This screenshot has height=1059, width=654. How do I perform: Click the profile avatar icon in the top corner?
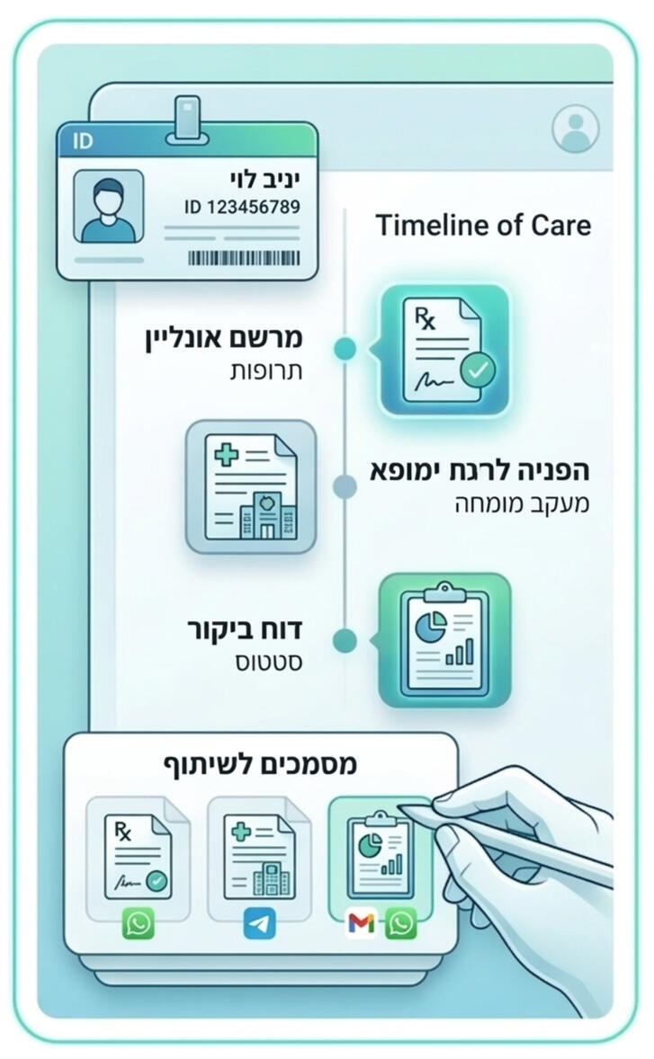[x=575, y=129]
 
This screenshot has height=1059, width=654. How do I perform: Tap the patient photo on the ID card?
[x=108, y=208]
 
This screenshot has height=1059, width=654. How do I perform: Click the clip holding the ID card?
[x=188, y=118]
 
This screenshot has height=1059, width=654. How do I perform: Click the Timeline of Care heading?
[x=483, y=225]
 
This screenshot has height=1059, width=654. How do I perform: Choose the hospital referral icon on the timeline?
[x=251, y=486]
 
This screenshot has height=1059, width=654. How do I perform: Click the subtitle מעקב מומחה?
[x=521, y=503]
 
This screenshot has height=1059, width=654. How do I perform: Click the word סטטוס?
[x=266, y=663]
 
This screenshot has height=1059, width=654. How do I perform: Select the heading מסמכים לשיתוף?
[x=260, y=765]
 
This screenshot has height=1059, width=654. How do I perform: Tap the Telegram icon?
[x=259, y=924]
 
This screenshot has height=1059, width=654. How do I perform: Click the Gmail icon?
[x=361, y=924]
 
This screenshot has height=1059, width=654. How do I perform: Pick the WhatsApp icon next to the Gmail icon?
[x=401, y=924]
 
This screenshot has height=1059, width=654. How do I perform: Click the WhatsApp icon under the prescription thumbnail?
[x=139, y=924]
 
